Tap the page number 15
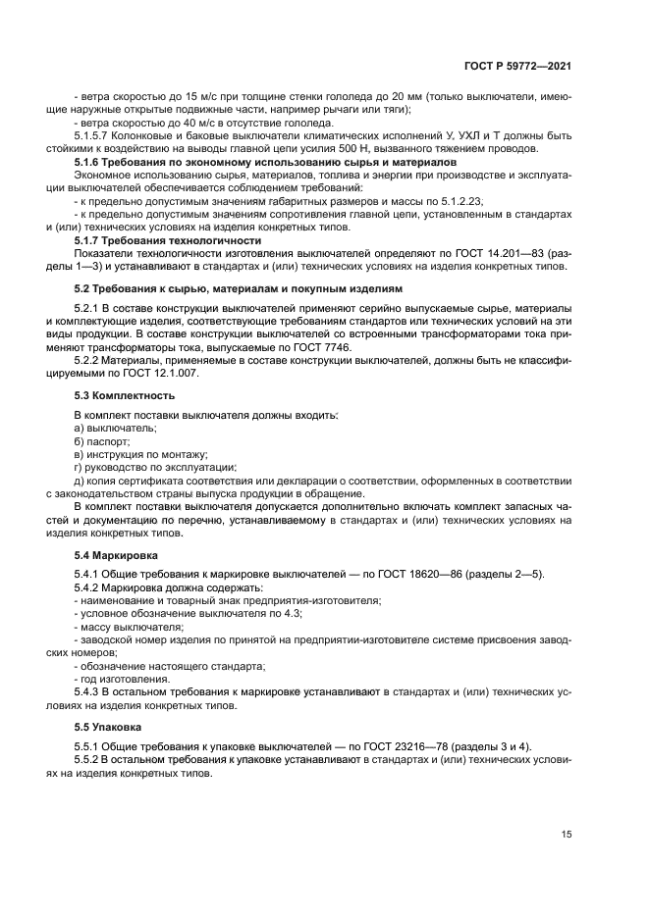tap(567, 834)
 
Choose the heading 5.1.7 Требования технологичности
tap(168, 239)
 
